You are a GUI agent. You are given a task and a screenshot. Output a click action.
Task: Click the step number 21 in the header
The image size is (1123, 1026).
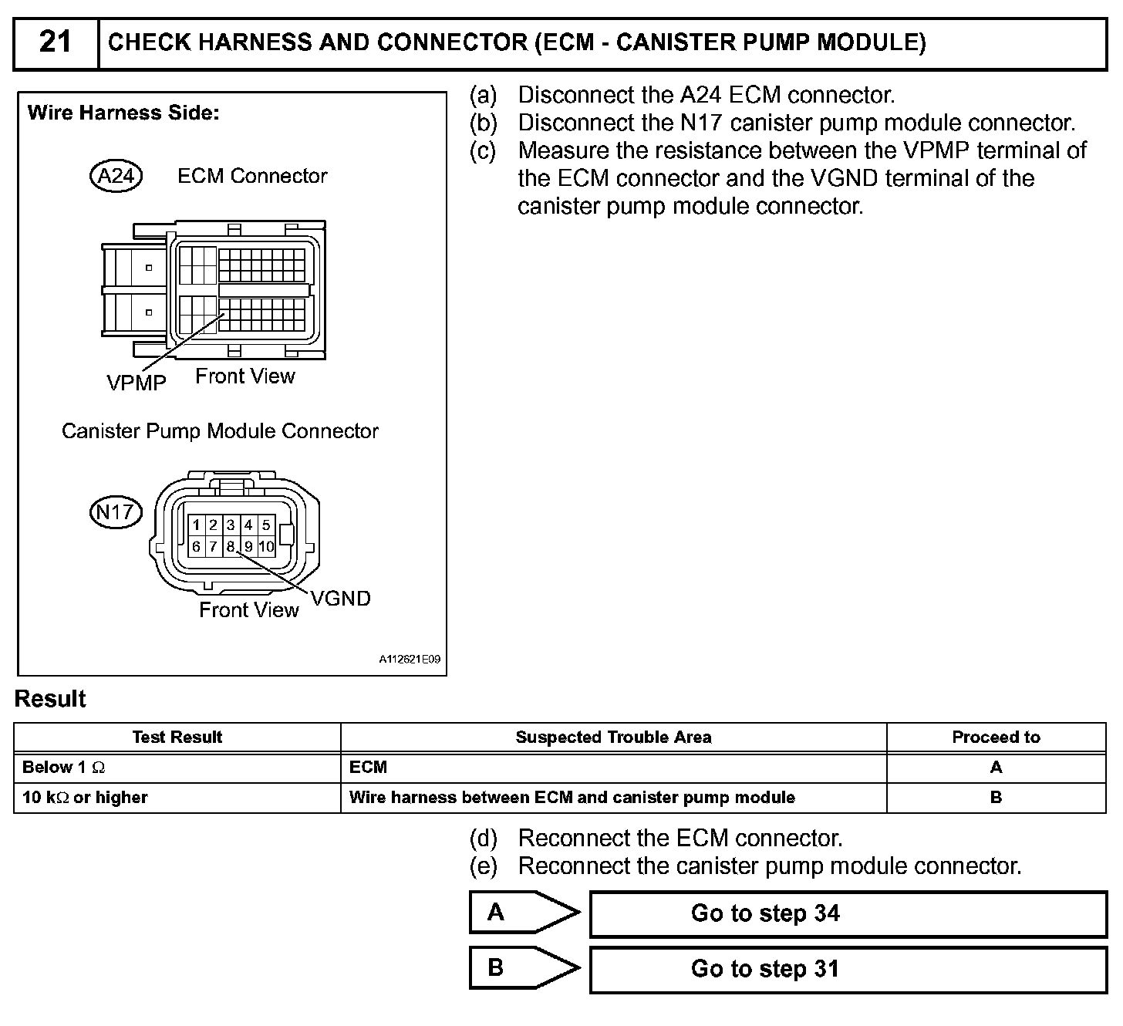pyautogui.click(x=55, y=42)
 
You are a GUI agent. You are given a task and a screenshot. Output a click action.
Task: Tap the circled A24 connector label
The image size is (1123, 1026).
pyautogui.click(x=116, y=177)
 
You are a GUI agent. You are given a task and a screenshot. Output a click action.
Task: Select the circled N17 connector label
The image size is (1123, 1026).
pyautogui.click(x=116, y=512)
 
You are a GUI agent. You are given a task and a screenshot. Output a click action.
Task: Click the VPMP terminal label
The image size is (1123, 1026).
pyautogui.click(x=136, y=382)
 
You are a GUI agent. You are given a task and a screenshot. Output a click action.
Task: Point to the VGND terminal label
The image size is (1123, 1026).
pyautogui.click(x=340, y=599)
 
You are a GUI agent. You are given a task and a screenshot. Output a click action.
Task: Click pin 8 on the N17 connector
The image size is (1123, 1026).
pyautogui.click(x=231, y=547)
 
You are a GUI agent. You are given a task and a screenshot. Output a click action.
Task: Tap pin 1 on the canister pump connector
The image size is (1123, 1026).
pyautogui.click(x=197, y=525)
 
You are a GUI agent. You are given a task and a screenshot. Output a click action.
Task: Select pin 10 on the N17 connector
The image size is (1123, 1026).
pyautogui.click(x=266, y=547)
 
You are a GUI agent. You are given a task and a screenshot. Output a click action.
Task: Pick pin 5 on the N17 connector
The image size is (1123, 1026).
pyautogui.click(x=266, y=525)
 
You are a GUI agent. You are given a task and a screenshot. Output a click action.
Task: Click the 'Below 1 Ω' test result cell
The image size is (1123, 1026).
pyautogui.click(x=64, y=768)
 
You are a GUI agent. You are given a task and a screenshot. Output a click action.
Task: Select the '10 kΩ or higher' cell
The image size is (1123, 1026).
pyautogui.click(x=85, y=798)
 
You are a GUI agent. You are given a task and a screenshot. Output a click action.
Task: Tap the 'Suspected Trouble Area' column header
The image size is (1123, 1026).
pyautogui.click(x=613, y=737)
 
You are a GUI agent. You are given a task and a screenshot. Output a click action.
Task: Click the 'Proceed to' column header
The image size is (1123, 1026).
pyautogui.click(x=996, y=737)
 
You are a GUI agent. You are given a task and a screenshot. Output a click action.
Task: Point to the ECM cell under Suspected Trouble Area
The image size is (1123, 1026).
pyautogui.click(x=369, y=768)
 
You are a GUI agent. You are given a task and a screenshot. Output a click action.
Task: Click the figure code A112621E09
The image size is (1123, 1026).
pyautogui.click(x=410, y=660)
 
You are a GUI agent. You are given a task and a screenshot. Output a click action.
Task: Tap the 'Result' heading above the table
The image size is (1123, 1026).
pyautogui.click(x=50, y=699)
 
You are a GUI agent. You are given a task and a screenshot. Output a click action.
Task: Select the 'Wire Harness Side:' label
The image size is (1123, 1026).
pyautogui.click(x=123, y=113)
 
